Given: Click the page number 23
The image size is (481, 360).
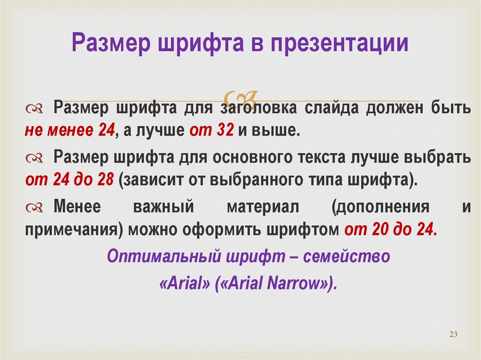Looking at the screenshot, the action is tap(453, 334).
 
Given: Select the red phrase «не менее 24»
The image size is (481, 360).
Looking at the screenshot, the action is tap(70, 130).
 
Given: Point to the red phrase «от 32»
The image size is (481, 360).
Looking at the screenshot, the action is tap(211, 130).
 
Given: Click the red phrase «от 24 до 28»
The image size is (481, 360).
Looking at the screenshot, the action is tap(70, 179).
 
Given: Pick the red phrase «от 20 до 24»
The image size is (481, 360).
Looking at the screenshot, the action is tap(388, 229).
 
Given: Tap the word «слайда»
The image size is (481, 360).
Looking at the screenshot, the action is tap(331, 108).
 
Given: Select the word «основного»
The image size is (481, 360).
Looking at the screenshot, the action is tap(251, 157).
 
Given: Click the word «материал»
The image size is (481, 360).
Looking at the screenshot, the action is tap(263, 207).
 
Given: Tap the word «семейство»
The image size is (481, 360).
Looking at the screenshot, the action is tap(346, 256).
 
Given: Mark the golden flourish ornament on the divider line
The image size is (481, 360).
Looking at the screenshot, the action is tap(240, 99).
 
